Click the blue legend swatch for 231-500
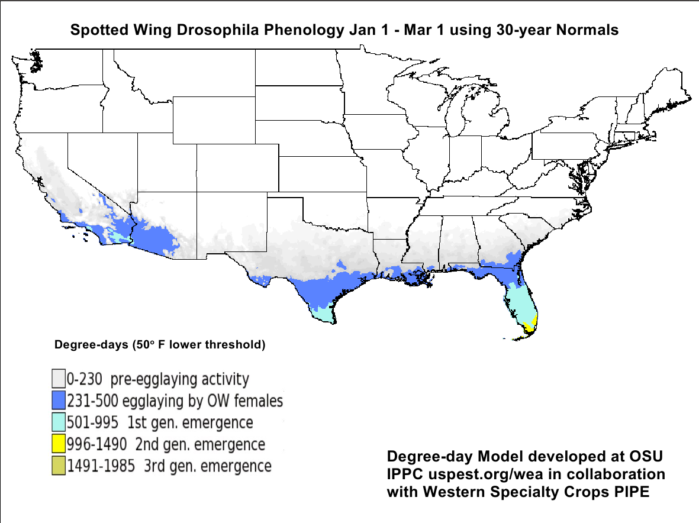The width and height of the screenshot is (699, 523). (58, 401)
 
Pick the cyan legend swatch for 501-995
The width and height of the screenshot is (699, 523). (58, 422)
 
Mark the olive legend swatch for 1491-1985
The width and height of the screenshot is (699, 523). (58, 466)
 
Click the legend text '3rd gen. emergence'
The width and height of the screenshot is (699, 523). (207, 466)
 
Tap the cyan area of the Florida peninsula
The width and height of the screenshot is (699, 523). (521, 302)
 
